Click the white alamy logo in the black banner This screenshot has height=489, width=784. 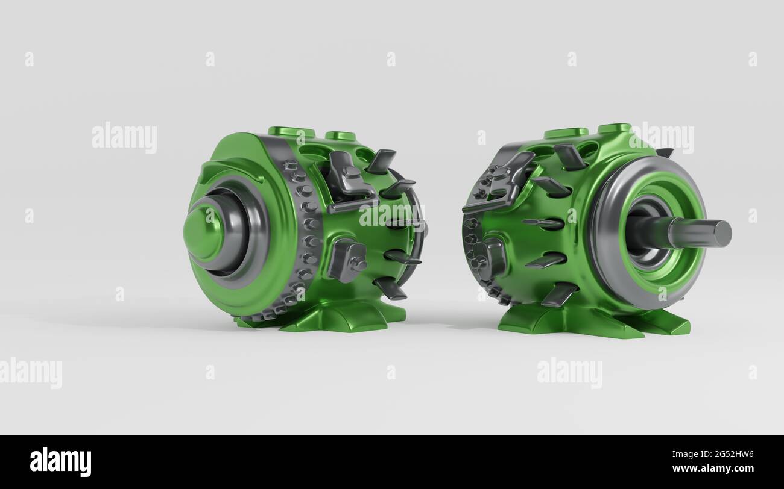pyautogui.click(x=60, y=461)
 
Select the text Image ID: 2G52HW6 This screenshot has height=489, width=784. pyautogui.click(x=713, y=454)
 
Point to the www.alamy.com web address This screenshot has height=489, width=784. pyautogui.click(x=713, y=468)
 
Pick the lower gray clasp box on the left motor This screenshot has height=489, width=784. pyautogui.click(x=347, y=259)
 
